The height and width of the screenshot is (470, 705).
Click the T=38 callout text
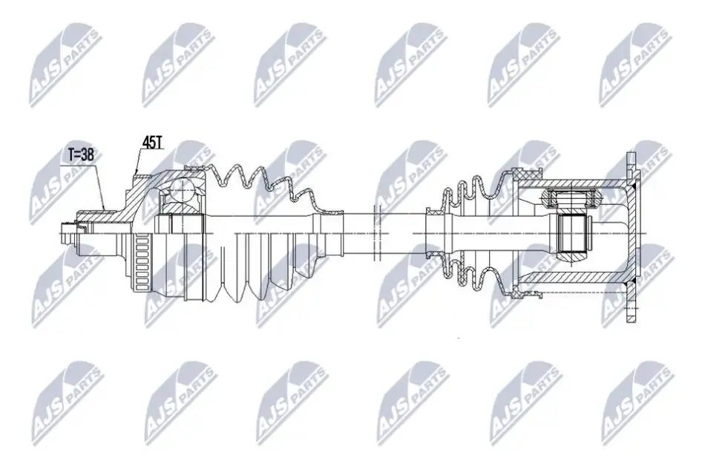tap(81, 154)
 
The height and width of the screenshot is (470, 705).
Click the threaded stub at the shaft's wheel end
tap(68, 233)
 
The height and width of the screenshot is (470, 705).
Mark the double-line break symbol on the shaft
tap(377, 232)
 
